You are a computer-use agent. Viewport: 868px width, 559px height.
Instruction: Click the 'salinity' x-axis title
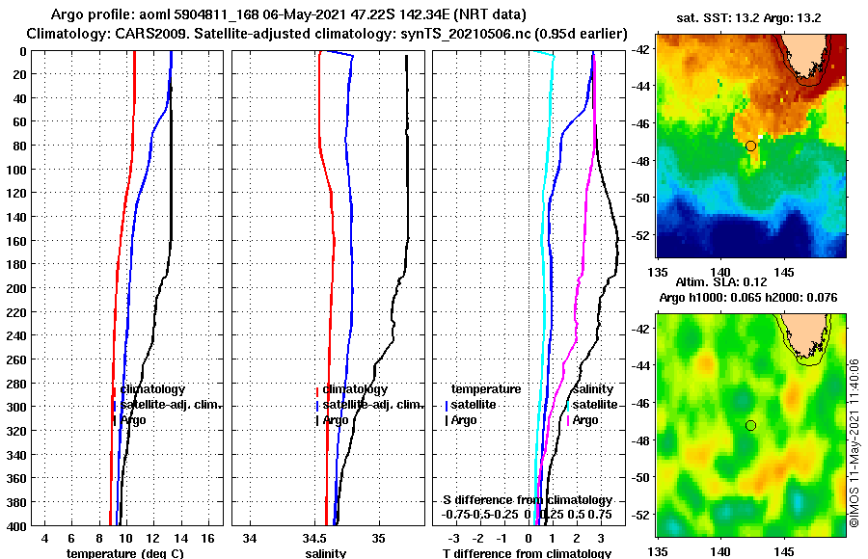(x=325, y=553)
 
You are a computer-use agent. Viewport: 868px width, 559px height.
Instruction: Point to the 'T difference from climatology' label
(x=526, y=553)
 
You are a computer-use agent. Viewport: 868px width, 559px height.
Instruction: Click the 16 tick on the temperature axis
(x=207, y=537)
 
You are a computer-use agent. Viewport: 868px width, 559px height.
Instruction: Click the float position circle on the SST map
(x=750, y=146)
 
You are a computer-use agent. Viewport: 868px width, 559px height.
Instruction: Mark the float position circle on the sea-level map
(x=750, y=425)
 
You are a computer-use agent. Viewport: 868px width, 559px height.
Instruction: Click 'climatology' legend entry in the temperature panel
(x=152, y=389)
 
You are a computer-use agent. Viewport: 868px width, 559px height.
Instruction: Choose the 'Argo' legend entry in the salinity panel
(x=336, y=420)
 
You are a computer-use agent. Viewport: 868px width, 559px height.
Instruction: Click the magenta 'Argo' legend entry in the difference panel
(x=584, y=420)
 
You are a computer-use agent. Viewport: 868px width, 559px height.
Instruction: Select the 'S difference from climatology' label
(x=527, y=500)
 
